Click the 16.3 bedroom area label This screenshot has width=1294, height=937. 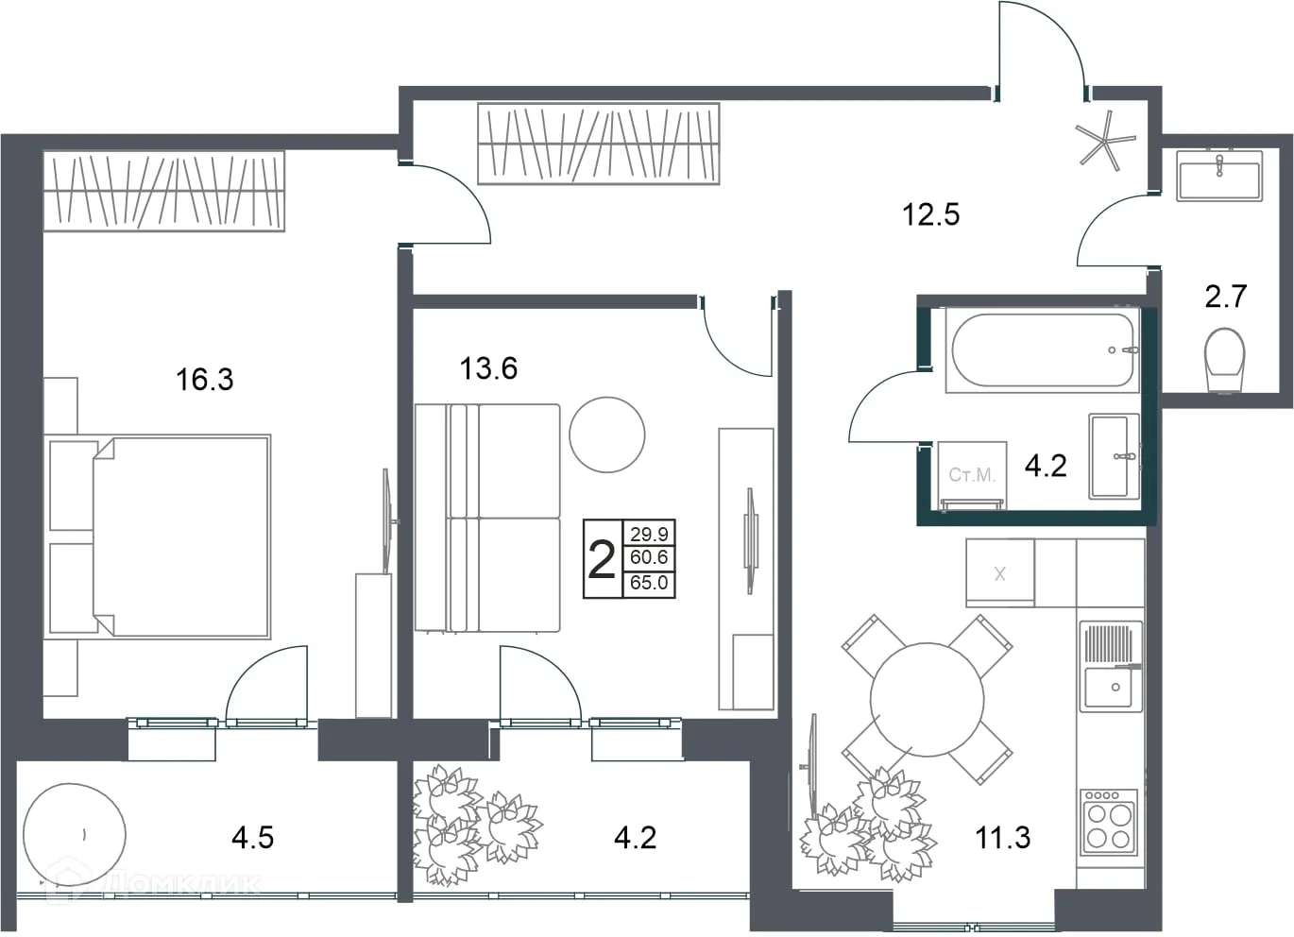(204, 380)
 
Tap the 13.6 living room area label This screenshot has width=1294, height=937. (488, 367)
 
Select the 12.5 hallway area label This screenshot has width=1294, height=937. (930, 214)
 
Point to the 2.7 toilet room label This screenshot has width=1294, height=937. (1225, 297)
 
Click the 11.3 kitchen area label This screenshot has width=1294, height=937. (1002, 837)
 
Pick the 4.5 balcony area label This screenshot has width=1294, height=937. (252, 837)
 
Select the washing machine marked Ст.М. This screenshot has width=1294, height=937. (972, 475)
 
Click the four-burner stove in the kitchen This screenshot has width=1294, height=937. (1109, 822)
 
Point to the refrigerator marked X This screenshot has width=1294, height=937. (999, 572)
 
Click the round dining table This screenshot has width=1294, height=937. (927, 700)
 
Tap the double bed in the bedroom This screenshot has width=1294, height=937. (179, 537)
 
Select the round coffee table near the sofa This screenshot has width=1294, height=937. (607, 434)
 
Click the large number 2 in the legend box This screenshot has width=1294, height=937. (602, 560)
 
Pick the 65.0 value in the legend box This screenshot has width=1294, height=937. (649, 583)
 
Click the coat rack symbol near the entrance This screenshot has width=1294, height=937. (1105, 142)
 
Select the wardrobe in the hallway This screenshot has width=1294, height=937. (598, 144)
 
